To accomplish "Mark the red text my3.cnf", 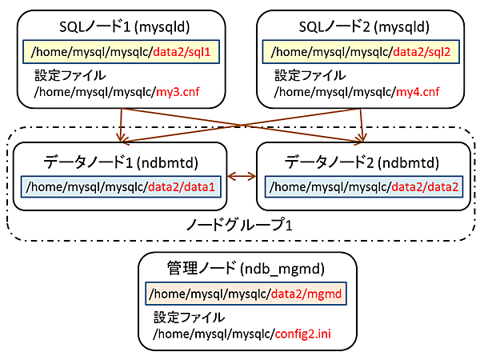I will [x=177, y=92].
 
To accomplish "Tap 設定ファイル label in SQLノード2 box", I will [x=306, y=77].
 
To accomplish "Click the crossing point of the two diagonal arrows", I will [x=242, y=120].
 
